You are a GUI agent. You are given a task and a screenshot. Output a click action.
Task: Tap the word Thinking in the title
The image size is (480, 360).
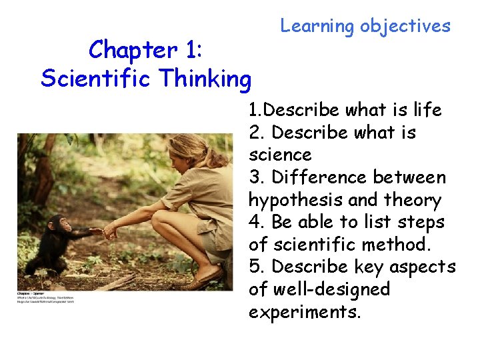pyautogui.click(x=206, y=79)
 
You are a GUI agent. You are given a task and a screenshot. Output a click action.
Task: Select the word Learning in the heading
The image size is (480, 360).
pyautogui.click(x=317, y=27)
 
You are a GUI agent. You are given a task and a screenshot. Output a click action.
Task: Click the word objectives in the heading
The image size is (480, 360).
pyautogui.click(x=405, y=27)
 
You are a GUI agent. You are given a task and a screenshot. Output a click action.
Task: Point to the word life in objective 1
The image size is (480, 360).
pyautogui.click(x=426, y=110)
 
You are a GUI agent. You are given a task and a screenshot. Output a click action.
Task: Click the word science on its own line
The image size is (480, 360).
pyautogui.click(x=280, y=155)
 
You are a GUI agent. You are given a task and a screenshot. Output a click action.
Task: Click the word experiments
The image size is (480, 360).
pyautogui.click(x=305, y=312)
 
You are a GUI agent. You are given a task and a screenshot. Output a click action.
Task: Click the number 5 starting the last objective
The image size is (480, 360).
pyautogui.click(x=254, y=267)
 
